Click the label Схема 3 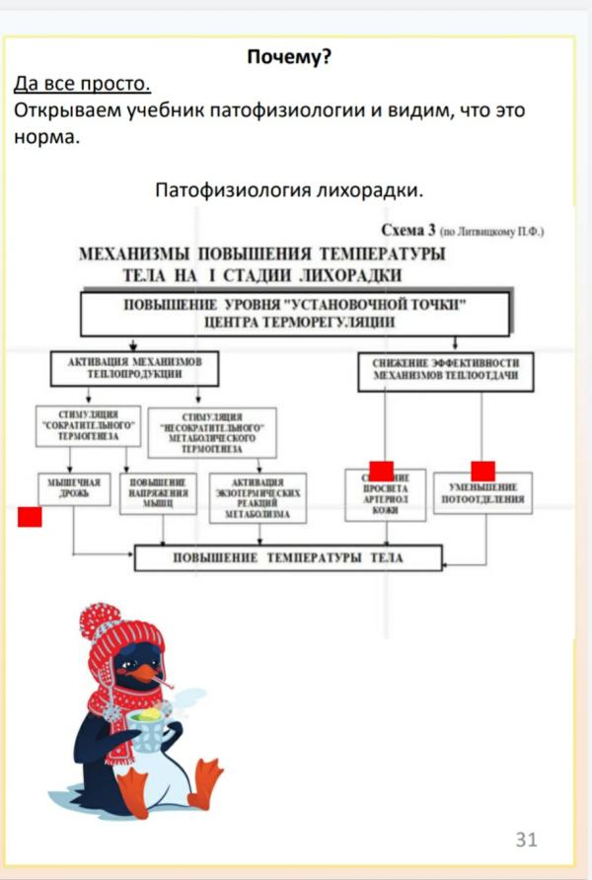(407, 231)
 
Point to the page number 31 (526, 840)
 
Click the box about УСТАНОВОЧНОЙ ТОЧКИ (295, 313)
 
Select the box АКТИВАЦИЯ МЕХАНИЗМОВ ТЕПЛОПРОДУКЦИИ (134, 370)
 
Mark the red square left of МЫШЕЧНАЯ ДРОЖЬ (30, 516)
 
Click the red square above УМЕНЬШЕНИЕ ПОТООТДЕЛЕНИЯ (482, 471)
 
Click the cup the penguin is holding (149, 731)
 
